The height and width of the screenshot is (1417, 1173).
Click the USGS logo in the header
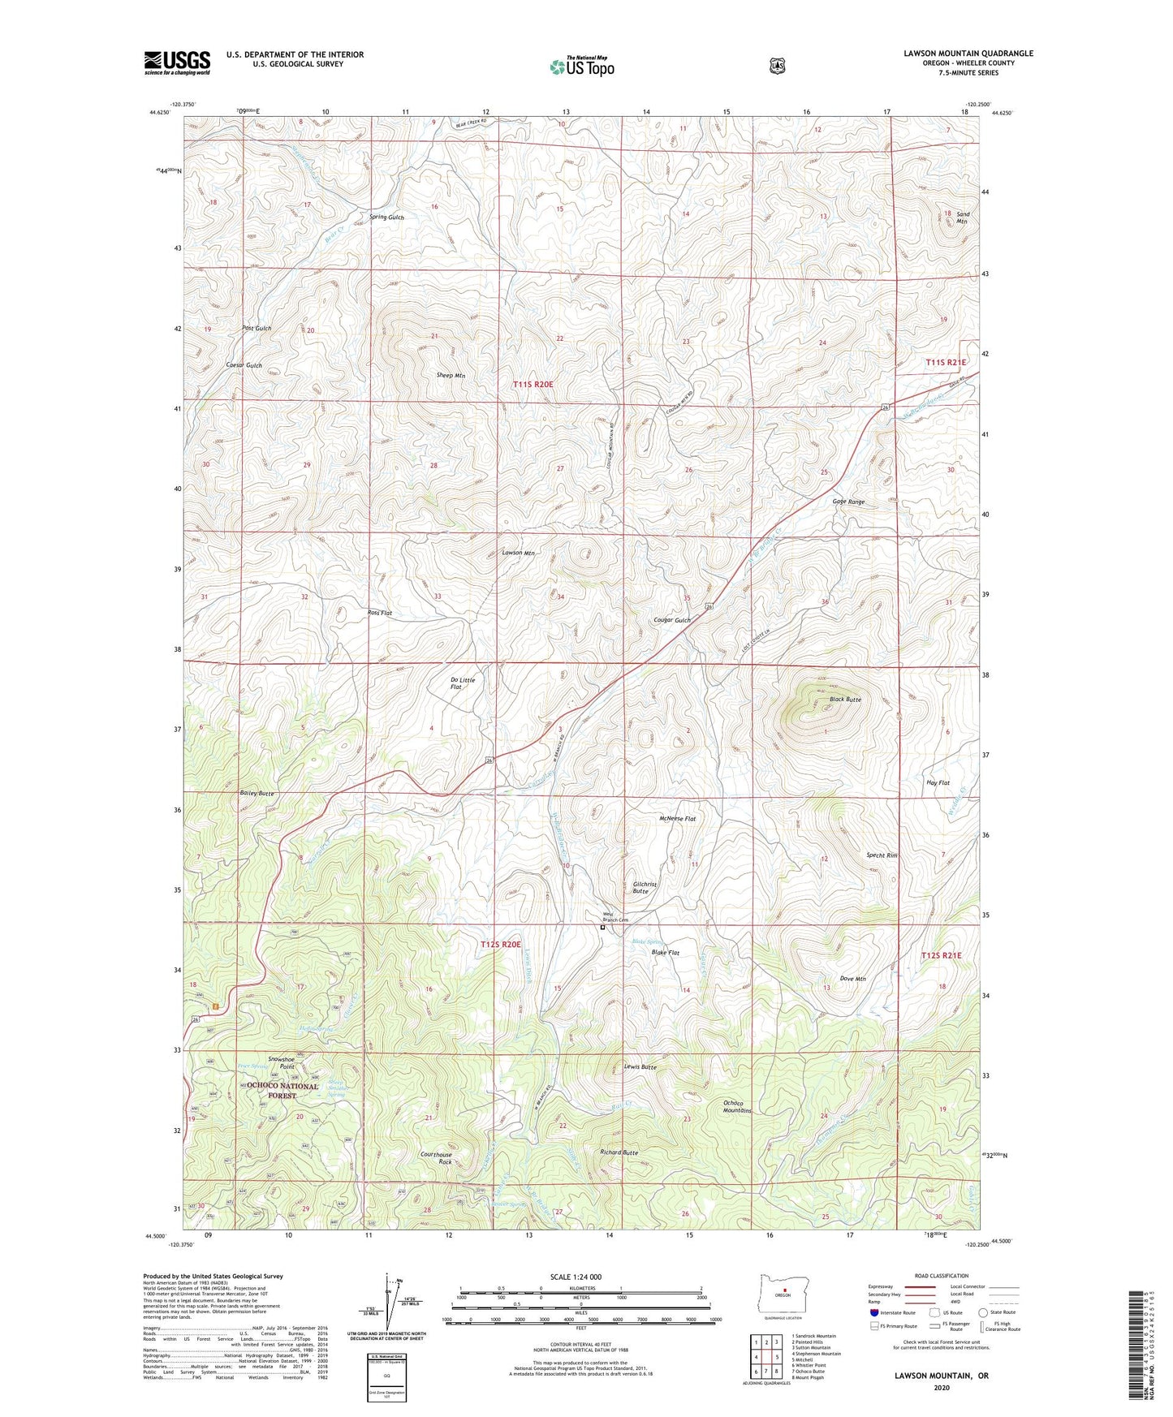click(177, 62)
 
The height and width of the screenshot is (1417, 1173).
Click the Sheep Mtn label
click(451, 376)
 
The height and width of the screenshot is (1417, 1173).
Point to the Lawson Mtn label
click(518, 553)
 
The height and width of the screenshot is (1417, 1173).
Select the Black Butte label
click(845, 699)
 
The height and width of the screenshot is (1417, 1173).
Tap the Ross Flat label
click(378, 613)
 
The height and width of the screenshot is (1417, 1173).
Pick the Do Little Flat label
click(462, 683)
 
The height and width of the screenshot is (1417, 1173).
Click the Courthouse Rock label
click(436, 1158)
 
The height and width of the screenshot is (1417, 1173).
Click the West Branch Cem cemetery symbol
click(602, 927)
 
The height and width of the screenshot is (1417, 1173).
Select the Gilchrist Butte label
click(645, 887)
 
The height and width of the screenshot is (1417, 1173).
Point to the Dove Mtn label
click(852, 979)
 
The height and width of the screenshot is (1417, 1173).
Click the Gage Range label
click(848, 502)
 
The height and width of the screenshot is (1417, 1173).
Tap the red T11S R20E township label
click(533, 384)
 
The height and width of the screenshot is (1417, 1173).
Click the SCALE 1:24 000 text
click(576, 1277)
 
